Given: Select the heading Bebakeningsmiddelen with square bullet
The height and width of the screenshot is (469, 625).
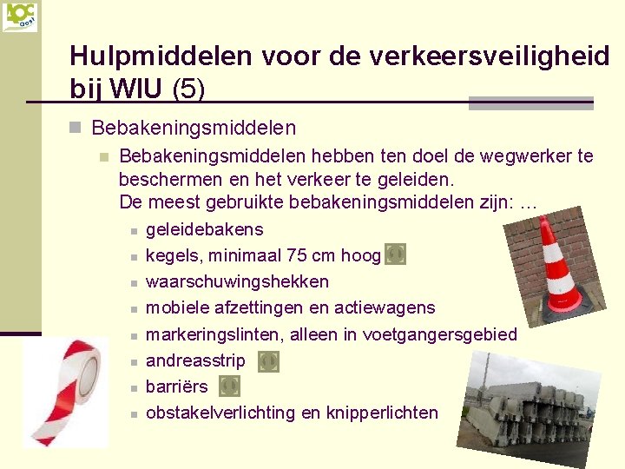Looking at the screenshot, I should click(x=194, y=129).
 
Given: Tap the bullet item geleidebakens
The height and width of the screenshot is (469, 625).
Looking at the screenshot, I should click(x=204, y=230).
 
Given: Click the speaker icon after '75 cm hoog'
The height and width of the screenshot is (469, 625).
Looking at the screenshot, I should click(x=394, y=254).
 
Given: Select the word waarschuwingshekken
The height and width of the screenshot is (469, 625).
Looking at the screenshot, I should click(x=237, y=281).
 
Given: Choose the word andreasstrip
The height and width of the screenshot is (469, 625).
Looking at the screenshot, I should click(x=195, y=360).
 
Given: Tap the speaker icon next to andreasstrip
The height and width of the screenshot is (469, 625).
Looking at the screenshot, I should click(x=269, y=361).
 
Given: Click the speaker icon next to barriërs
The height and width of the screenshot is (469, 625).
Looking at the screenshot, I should click(x=227, y=386).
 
